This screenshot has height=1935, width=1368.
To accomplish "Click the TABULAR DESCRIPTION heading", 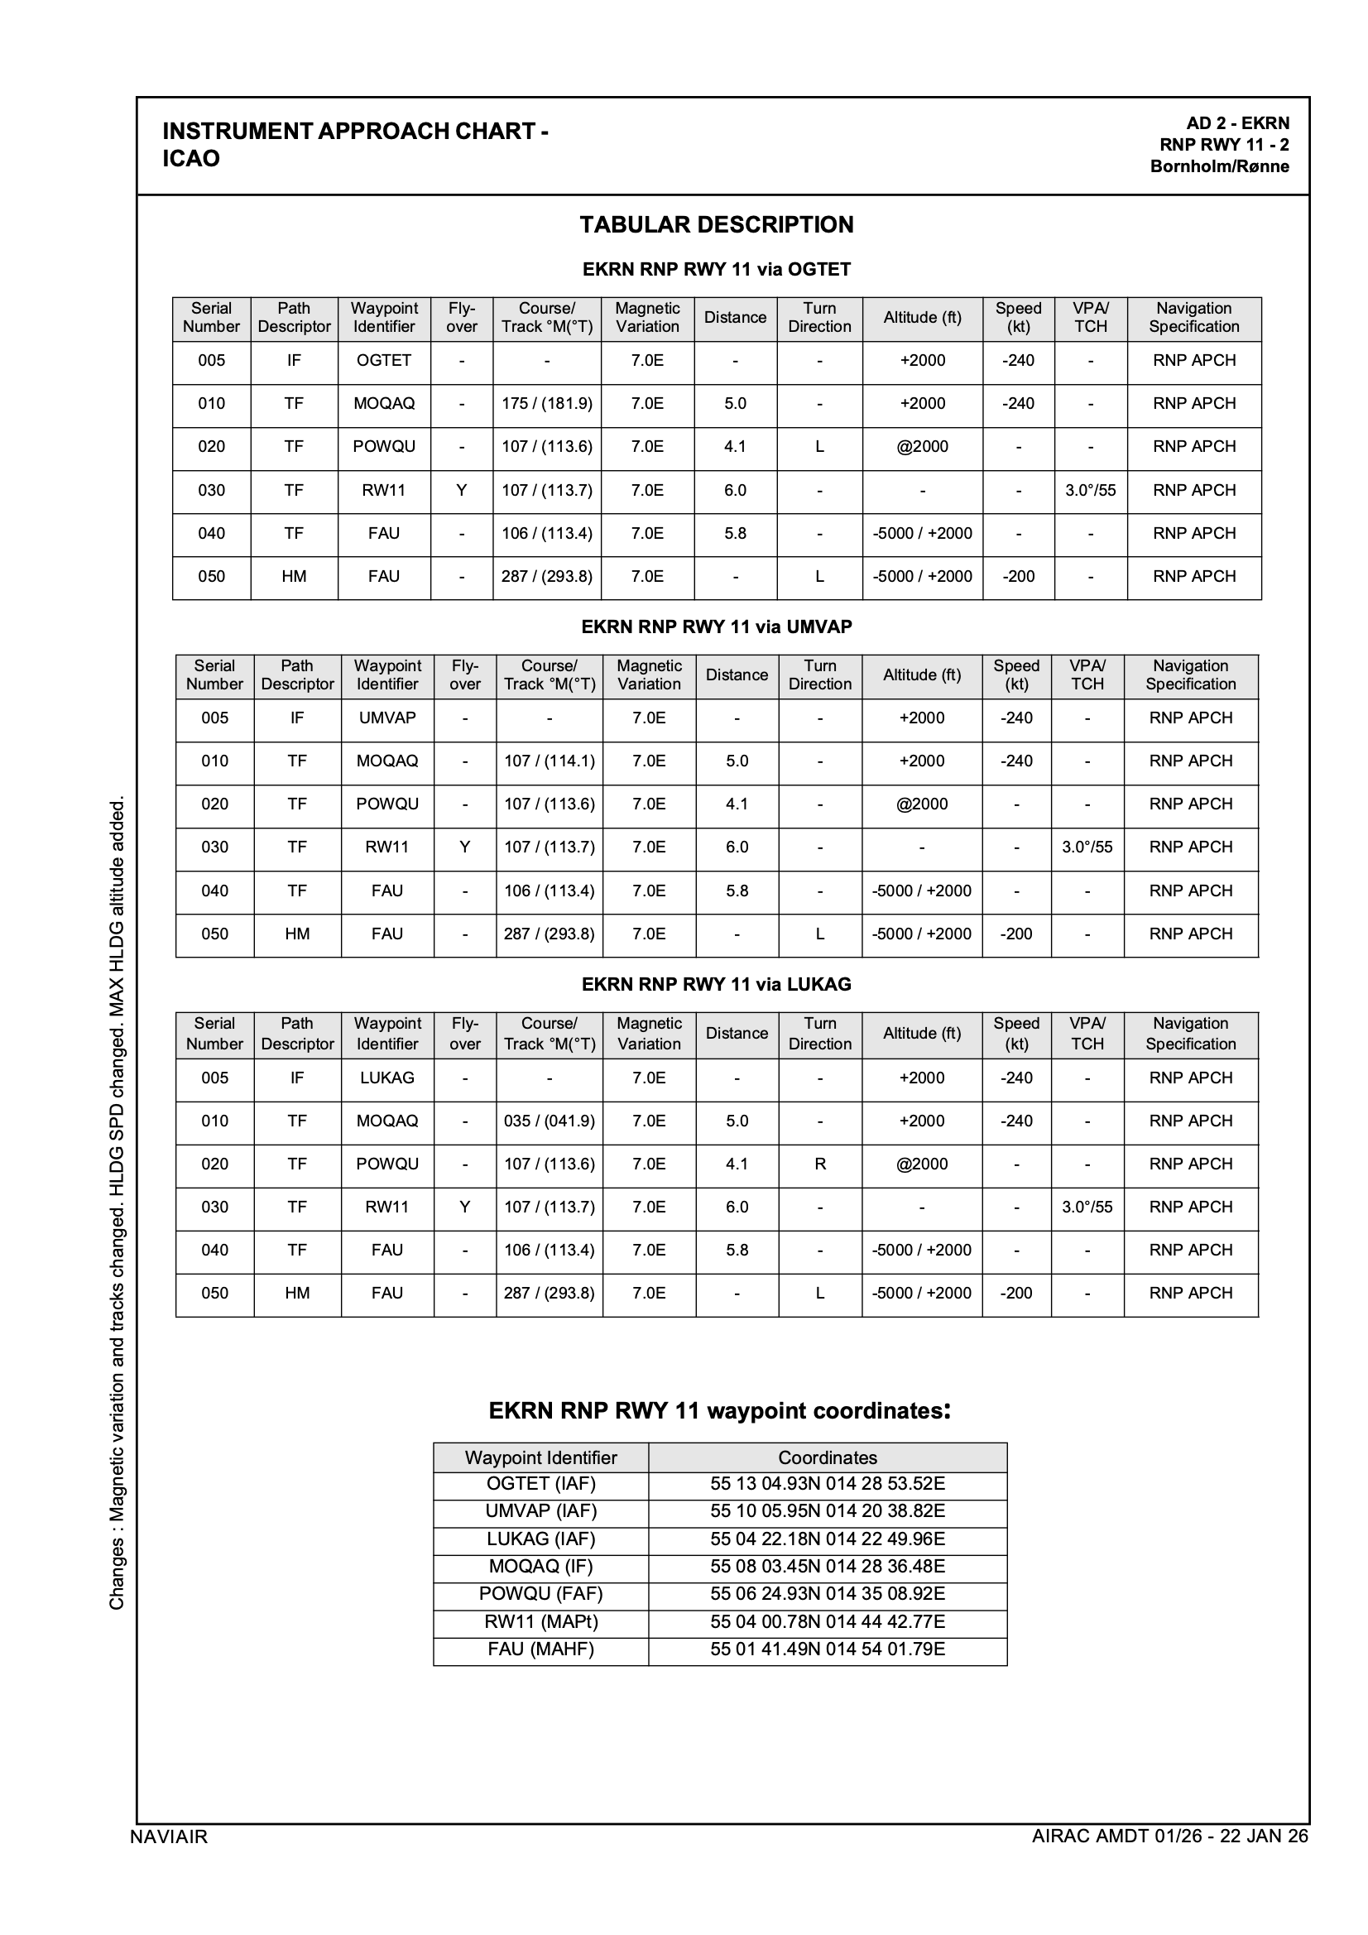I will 717,225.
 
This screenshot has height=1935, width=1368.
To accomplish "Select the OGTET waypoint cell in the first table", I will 383,361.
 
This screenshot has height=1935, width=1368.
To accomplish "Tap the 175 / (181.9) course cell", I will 547,404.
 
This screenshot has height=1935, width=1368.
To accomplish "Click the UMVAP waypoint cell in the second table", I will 386,718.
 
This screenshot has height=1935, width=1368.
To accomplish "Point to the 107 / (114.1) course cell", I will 550,761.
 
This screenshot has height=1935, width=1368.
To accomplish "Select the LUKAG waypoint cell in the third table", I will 386,1078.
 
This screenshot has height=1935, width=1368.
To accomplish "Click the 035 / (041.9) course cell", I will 550,1121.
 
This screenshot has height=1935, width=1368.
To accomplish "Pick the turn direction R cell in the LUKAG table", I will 819,1164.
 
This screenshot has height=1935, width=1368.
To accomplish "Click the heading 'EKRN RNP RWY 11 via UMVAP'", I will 717,627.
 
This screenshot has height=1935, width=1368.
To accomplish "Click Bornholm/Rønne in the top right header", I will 1219,167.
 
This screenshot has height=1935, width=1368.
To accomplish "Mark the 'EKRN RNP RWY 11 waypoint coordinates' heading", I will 720,1411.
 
